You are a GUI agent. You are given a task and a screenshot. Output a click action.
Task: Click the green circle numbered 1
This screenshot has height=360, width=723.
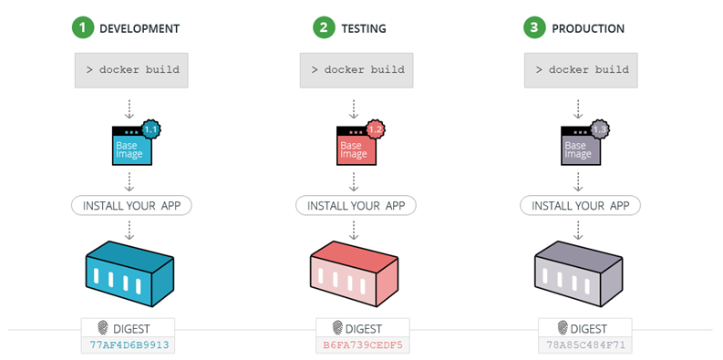tap(85, 28)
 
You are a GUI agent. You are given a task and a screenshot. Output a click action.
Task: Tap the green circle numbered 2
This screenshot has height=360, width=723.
tap(324, 28)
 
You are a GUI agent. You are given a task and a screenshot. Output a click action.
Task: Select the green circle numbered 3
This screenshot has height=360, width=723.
tap(534, 28)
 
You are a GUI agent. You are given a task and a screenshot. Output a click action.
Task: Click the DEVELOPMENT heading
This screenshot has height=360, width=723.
tap(139, 29)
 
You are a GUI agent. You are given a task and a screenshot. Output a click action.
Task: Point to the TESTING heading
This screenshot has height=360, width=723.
tap(364, 29)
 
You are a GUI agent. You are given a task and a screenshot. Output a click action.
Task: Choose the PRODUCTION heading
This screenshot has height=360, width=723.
tap(588, 29)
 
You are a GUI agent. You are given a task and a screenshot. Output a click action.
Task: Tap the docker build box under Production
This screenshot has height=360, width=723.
tap(582, 70)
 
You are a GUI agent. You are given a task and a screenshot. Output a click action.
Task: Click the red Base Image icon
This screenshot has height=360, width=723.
tap(353, 147)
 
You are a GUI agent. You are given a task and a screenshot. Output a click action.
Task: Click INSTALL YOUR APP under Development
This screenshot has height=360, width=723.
tap(131, 204)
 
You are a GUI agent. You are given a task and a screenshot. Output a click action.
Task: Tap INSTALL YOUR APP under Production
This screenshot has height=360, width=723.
tap(580, 204)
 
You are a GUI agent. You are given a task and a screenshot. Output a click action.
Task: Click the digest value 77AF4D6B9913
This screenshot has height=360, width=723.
tap(129, 345)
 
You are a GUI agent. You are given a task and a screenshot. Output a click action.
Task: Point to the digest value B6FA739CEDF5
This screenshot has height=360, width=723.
tap(362, 345)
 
